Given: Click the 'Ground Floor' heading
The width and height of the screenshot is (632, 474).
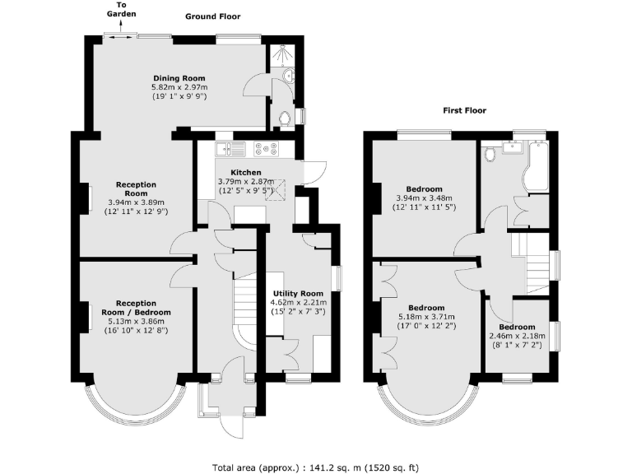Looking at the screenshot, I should click(x=213, y=16).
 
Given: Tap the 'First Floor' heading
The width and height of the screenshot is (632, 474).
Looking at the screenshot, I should click(x=465, y=110).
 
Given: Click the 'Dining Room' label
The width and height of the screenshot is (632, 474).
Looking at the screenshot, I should click(x=178, y=78).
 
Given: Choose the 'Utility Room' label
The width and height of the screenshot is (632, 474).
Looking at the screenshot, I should click(x=304, y=293).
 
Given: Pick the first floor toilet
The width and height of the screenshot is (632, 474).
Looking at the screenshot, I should click(x=490, y=154).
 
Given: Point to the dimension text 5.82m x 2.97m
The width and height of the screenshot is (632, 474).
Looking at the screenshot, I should click(x=179, y=87).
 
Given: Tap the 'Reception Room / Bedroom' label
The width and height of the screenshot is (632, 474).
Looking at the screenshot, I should click(x=137, y=308).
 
